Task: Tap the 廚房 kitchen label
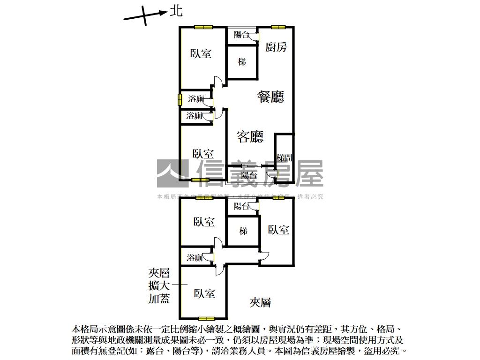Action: (x=276, y=46)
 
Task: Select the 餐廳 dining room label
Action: (x=271, y=97)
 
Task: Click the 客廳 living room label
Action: (x=250, y=136)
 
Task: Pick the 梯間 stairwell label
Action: (x=285, y=158)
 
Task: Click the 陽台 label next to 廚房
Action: (x=241, y=34)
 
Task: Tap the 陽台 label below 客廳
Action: (x=249, y=175)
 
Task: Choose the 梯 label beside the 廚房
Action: (x=242, y=62)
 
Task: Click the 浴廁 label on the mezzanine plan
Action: (x=195, y=257)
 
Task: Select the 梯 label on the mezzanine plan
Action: (x=243, y=231)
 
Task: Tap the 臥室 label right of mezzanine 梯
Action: (x=278, y=230)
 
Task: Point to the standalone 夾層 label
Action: (x=260, y=303)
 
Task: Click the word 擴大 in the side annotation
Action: (x=159, y=286)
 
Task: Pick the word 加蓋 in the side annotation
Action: (x=159, y=299)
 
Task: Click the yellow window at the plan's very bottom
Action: (x=206, y=319)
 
